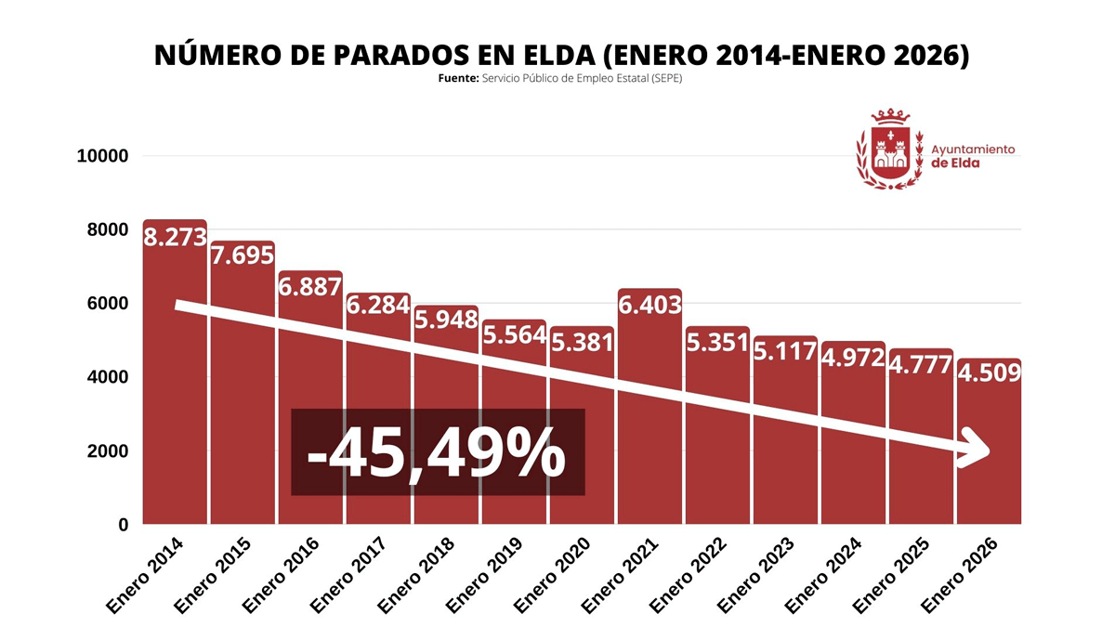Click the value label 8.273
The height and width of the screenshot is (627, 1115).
[175, 238]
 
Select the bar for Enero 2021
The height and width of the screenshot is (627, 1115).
[649, 418]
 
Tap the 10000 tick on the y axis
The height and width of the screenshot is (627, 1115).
[102, 156]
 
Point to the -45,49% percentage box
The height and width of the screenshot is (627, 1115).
[438, 452]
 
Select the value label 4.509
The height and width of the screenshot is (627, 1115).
[990, 373]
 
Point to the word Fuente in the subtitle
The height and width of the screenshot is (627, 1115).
[458, 79]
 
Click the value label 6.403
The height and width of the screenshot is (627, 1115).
[649, 305]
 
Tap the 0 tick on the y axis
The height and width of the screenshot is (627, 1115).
[123, 526]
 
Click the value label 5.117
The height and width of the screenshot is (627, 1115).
[785, 351]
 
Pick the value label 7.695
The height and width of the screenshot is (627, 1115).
[243, 255]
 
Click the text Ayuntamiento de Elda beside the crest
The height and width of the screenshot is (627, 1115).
[972, 156]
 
